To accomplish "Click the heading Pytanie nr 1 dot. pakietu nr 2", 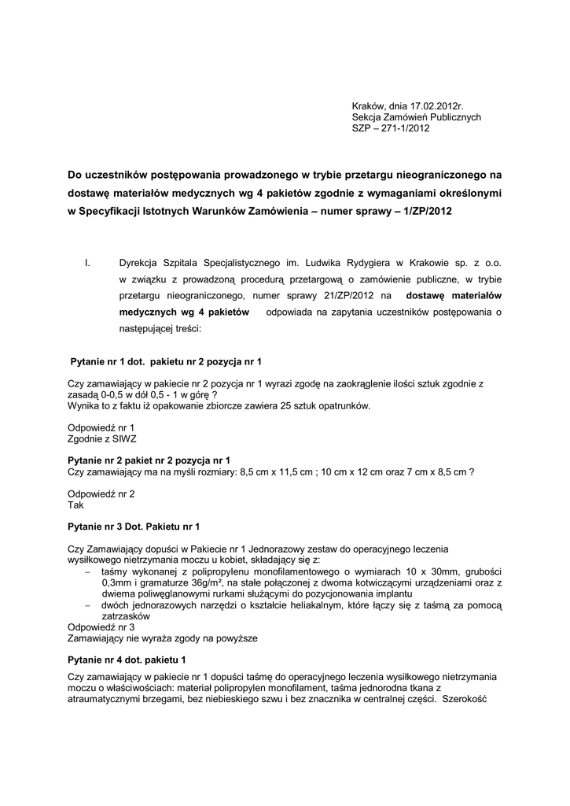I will coord(166,360).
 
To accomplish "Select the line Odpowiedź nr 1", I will coord(101,427).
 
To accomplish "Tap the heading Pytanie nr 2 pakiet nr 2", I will coord(149,459).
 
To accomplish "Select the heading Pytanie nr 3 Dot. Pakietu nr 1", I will coord(134,525).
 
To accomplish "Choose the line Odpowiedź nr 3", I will coord(101,627).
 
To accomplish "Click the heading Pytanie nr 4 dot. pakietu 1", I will coord(127,658).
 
